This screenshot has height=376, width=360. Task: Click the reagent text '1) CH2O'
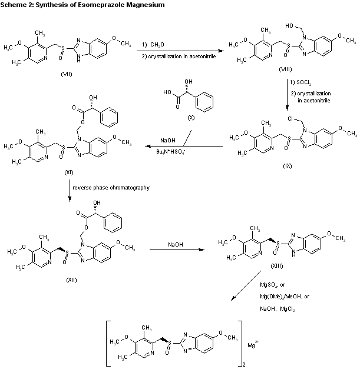point(153,45)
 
